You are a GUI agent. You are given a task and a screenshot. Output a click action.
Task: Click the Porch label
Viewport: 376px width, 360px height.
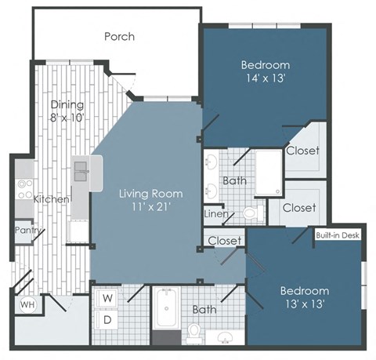click(119, 36)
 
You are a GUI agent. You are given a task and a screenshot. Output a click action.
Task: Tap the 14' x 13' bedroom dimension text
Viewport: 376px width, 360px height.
click(265, 78)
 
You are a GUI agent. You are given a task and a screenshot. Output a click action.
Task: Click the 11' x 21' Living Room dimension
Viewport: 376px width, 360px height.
click(150, 208)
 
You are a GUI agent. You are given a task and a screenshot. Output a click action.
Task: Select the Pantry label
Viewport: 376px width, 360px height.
click(27, 231)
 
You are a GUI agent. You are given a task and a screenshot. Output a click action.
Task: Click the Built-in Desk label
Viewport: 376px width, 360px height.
click(338, 235)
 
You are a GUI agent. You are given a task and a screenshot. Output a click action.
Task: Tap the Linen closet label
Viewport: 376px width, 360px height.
click(215, 213)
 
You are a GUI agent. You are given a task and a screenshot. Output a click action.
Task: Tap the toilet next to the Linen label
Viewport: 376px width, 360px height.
click(250, 213)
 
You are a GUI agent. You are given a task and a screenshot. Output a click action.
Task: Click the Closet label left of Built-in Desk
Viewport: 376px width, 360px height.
click(224, 240)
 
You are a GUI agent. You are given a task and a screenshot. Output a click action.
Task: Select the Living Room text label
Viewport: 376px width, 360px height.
click(151, 194)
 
